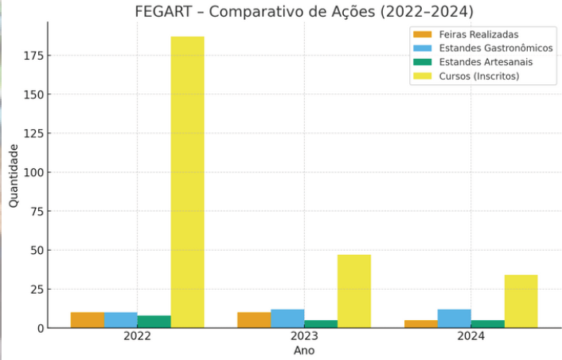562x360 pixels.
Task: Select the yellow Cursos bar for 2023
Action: [353, 291]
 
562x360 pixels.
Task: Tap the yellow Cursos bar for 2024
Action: [521, 301]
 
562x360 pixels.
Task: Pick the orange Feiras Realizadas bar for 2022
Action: [87, 320]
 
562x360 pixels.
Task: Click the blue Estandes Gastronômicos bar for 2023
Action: [287, 319]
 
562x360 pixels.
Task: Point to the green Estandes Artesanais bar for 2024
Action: [487, 324]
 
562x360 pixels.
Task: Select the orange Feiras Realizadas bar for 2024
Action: [420, 324]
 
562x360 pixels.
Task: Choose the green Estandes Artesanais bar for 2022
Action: [154, 322]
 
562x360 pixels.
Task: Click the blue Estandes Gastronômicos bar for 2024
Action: [454, 319]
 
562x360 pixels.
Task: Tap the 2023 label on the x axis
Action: [304, 337]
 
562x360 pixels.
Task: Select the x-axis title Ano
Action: [304, 350]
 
